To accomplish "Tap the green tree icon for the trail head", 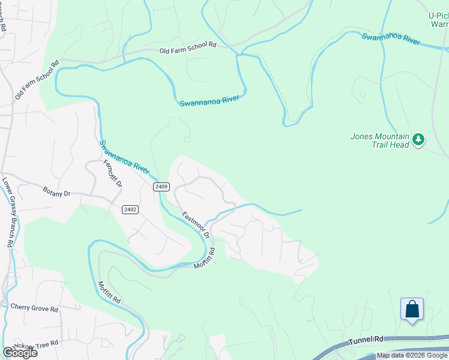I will [418, 140].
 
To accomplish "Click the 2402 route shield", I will [130, 209].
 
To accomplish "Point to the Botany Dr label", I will [57, 193].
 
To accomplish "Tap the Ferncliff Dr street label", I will [113, 175].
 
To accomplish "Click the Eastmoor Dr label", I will [196, 224].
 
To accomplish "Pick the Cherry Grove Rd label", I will [34, 308].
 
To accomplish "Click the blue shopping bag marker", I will [412, 310].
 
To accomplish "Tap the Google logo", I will [20, 353].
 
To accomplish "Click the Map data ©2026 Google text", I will [412, 355].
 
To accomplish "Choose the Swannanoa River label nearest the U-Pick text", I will [390, 39].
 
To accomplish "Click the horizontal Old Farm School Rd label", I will [187, 48].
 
